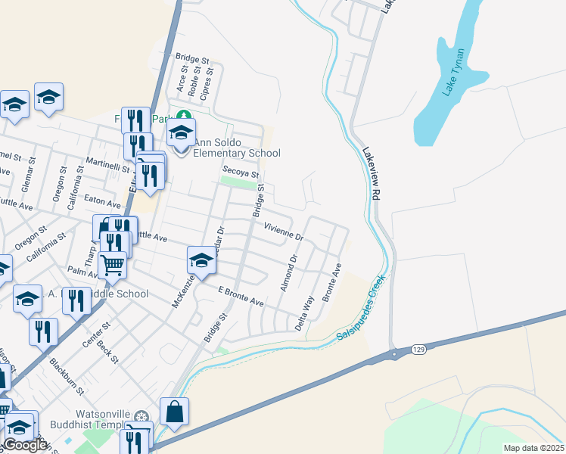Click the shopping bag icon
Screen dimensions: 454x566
174,412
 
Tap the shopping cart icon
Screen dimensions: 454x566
113,265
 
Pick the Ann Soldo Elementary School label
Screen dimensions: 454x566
237,148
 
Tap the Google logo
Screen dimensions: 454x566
25,445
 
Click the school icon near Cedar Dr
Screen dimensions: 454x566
201,260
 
